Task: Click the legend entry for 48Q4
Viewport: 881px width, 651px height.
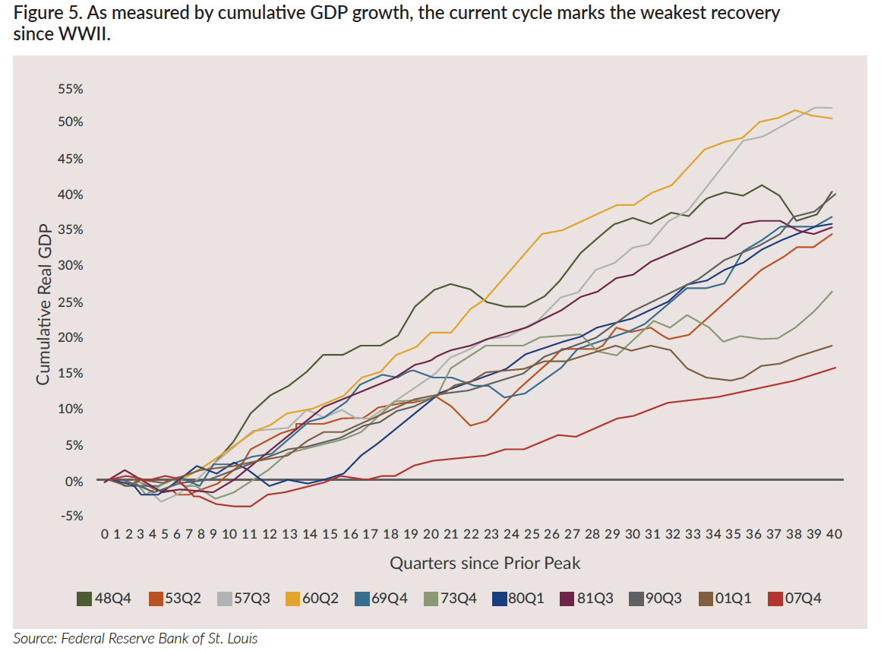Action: [104, 599]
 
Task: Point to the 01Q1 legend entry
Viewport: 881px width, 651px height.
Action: [725, 599]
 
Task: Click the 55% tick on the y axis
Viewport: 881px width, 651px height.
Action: [70, 89]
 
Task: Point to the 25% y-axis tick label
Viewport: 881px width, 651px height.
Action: [70, 303]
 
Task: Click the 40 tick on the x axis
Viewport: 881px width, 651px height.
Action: [833, 535]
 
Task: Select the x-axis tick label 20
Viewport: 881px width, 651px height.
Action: [431, 535]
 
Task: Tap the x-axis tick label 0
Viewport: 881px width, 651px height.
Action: [106, 535]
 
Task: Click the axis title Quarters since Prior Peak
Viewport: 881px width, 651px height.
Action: [485, 563]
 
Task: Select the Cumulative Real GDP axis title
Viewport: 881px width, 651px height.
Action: [43, 305]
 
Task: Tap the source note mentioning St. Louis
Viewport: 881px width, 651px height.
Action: [135, 638]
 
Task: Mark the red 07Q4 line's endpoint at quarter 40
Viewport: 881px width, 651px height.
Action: [835, 368]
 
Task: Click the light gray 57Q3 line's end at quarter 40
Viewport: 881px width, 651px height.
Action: [833, 108]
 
